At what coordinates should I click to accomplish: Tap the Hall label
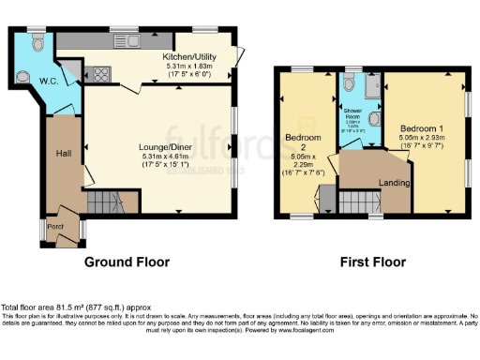point(63,153)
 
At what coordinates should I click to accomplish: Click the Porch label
point(55,225)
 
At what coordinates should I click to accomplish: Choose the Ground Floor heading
point(127,262)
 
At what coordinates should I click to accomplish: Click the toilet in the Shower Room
point(350,73)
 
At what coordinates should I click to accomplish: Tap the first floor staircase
point(356,200)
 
